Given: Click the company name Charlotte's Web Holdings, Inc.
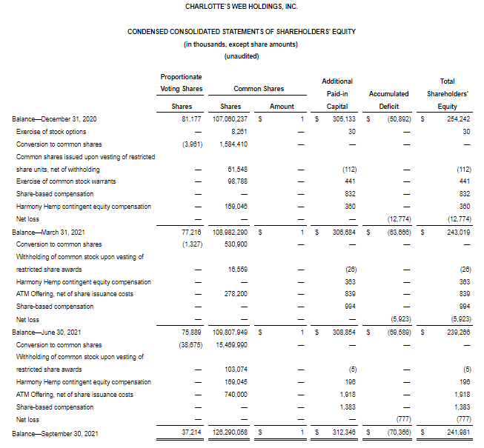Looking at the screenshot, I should [241, 7].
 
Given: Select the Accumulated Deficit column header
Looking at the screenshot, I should [388, 94].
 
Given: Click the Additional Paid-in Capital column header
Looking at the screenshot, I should [337, 94].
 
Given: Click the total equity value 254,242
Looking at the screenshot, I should [455, 119].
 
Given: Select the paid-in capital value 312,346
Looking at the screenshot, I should [343, 432].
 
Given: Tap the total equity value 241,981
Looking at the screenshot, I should [455, 432].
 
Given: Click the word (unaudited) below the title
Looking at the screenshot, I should [241, 57].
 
